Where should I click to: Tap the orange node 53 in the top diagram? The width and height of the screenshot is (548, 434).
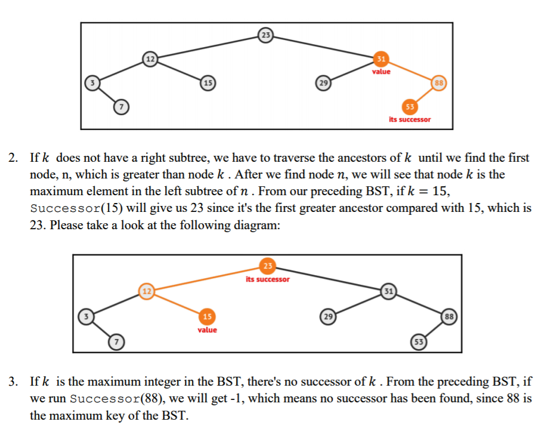click(x=410, y=107)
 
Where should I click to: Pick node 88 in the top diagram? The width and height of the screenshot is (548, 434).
click(x=439, y=83)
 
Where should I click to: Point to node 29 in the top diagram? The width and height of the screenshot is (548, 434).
click(x=323, y=83)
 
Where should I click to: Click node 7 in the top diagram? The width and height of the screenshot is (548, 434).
click(x=121, y=107)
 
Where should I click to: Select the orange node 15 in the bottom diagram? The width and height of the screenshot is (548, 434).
click(x=207, y=316)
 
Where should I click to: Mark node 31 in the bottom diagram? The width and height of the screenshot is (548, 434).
click(x=388, y=291)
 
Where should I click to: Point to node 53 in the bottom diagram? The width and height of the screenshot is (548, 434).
click(x=419, y=341)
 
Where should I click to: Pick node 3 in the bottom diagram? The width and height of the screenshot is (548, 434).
click(x=86, y=316)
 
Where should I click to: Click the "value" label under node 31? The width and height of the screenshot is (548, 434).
click(x=381, y=72)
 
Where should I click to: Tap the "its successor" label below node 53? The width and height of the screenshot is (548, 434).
click(x=410, y=119)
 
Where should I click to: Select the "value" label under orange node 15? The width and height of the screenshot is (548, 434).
click(x=207, y=330)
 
